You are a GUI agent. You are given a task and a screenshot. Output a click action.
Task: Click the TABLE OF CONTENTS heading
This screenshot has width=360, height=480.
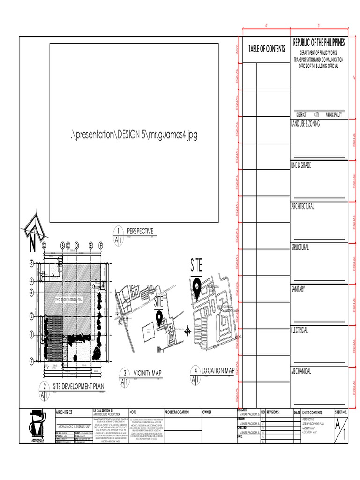266,49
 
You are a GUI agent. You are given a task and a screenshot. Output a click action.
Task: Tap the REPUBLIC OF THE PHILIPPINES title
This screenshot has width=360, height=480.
319,43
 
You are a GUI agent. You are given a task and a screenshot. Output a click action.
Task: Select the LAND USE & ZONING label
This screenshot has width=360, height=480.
305,123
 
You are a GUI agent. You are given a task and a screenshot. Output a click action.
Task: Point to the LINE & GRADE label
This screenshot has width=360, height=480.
301,165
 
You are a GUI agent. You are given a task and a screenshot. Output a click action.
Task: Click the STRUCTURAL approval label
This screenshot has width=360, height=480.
300,247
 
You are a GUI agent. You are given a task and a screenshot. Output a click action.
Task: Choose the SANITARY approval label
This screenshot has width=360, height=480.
298,289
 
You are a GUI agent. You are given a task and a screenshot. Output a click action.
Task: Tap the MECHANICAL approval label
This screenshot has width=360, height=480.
301,371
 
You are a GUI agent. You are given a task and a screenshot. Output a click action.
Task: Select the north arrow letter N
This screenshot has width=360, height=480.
32,245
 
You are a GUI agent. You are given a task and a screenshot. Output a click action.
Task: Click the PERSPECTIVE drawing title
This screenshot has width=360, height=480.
140,231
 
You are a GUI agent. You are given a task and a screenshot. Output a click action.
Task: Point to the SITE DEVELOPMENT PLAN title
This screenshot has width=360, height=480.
78,386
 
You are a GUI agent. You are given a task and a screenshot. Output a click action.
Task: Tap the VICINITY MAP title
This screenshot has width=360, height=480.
147,373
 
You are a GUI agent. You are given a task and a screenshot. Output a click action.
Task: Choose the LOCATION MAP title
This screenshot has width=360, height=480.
218,371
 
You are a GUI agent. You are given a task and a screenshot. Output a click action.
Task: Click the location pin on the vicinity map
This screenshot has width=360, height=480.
160,318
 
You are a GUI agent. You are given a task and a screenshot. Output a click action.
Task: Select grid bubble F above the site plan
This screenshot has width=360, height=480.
101,245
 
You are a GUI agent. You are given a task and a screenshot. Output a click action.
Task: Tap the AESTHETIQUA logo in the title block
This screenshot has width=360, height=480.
36,426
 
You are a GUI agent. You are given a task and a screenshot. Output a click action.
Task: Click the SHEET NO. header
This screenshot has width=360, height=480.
341,412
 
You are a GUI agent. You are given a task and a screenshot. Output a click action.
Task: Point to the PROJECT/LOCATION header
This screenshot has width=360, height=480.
177,412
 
